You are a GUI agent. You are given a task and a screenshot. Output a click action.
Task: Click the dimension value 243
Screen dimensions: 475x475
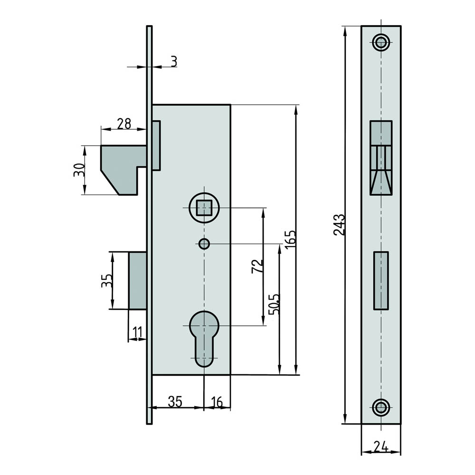tap(339, 225)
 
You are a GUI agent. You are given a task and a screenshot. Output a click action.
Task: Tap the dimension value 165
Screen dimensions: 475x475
tap(290, 239)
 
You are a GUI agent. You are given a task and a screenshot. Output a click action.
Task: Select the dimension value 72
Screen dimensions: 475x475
tap(257, 266)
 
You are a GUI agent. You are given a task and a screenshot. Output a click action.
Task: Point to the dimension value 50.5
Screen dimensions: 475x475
tap(275, 304)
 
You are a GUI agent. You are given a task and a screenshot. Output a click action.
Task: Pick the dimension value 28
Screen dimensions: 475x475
tap(124, 123)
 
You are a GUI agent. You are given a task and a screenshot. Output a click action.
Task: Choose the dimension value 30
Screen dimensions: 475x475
tap(79, 170)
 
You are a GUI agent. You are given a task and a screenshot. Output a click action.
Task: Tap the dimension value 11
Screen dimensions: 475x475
tap(138, 332)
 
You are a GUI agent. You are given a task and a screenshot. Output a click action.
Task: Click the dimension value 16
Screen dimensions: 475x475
tap(217, 402)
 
